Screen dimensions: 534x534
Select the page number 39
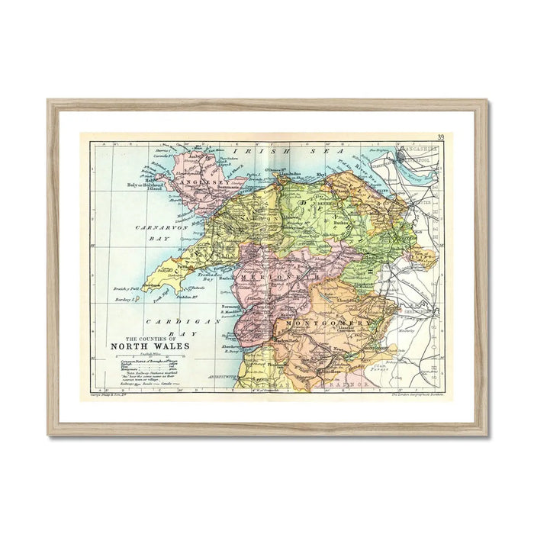coord(441,137)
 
